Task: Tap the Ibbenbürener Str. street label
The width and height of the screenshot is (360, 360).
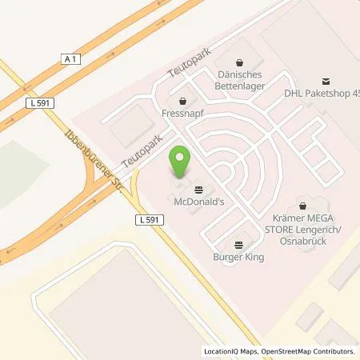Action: pyautogui.click(x=81, y=155)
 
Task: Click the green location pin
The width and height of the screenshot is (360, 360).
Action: pyautogui.click(x=181, y=163)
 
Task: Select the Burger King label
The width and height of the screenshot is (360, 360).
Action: pyautogui.click(x=238, y=257)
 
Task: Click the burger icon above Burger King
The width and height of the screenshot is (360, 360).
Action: pyautogui.click(x=238, y=244)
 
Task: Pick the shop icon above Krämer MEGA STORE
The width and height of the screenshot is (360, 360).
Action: pyautogui.click(x=302, y=205)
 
